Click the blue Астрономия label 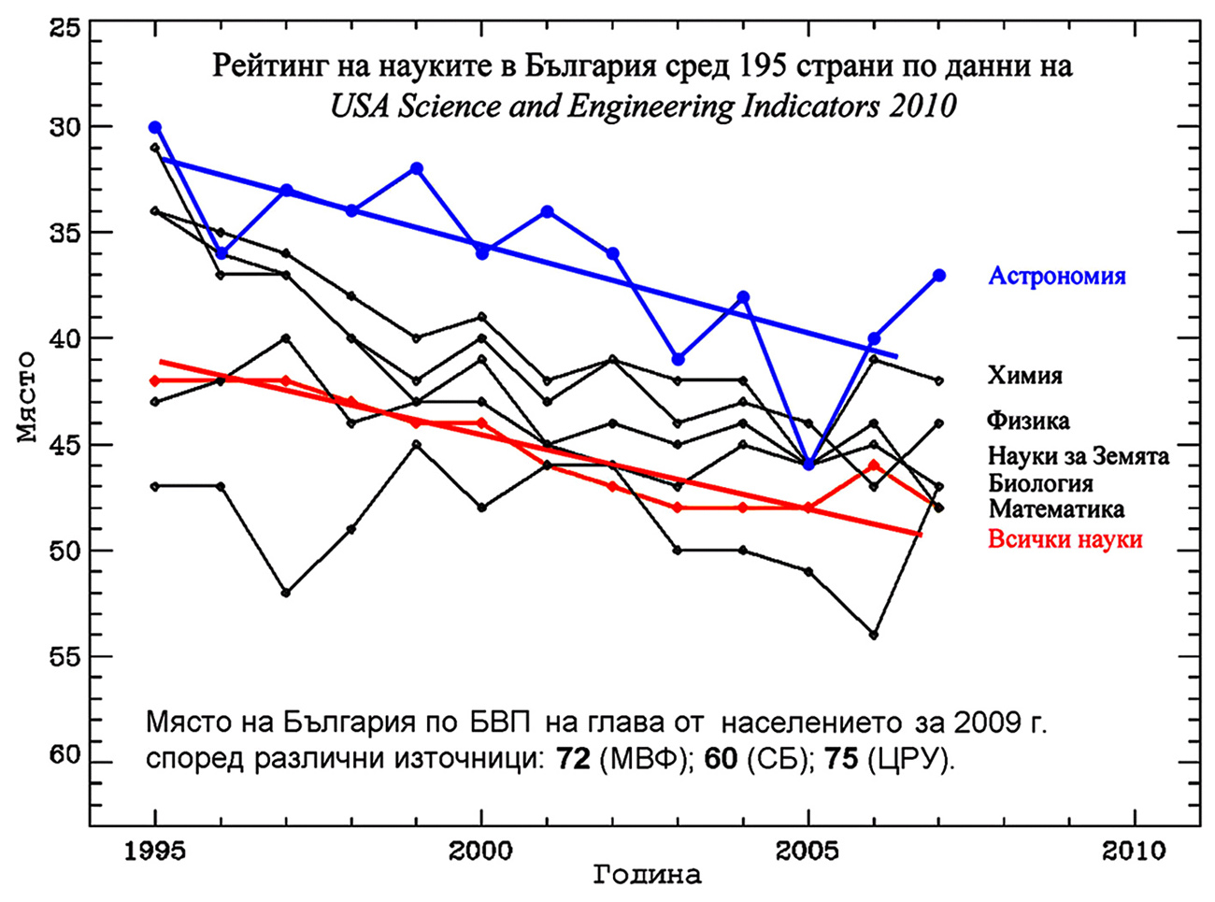coord(1057,276)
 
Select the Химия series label coord(1025,376)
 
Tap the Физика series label coord(1028,421)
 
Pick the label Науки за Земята coord(1079,456)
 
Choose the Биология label coord(1040,483)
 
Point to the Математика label coord(1056,509)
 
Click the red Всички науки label coord(1065,539)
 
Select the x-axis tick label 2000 coord(481,852)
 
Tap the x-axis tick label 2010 coord(1134,852)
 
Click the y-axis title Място coord(28,396)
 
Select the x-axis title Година coord(646,876)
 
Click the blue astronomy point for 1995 coord(155,127)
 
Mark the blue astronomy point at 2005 coord(808,465)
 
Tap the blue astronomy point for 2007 coord(939,275)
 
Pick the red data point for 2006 coord(874,465)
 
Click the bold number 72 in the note coord(572,760)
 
